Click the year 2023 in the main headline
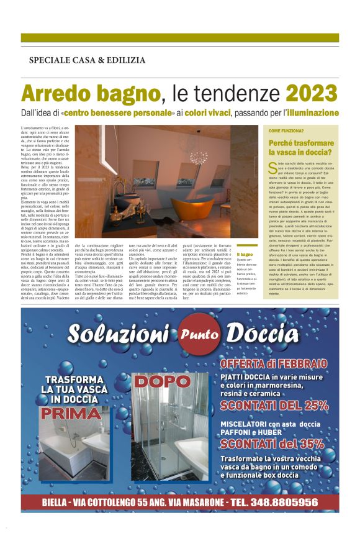[x=312, y=93]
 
